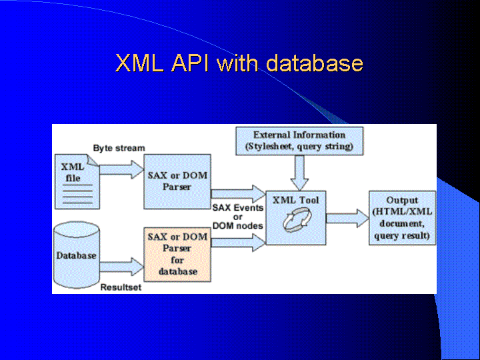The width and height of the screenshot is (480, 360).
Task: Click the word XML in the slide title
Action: click(139, 63)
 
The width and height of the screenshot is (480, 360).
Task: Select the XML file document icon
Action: click(77, 182)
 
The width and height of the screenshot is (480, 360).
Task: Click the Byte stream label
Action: click(119, 148)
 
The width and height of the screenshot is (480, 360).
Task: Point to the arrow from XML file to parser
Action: click(121, 169)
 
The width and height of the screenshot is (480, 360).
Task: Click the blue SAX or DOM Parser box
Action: click(177, 181)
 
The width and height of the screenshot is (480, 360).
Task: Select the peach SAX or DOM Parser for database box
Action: click(177, 255)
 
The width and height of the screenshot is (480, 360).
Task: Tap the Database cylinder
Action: click(77, 255)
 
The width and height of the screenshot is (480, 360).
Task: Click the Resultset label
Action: click(121, 287)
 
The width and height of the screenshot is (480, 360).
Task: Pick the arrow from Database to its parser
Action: click(121, 267)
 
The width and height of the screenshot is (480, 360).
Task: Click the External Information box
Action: click(299, 141)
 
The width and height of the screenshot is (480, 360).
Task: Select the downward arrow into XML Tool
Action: click(299, 173)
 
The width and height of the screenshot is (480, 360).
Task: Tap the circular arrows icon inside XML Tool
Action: click(297, 220)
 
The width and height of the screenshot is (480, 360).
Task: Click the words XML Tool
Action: click(296, 200)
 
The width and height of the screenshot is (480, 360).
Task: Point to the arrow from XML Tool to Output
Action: click(347, 218)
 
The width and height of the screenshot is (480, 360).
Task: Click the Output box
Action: click(402, 218)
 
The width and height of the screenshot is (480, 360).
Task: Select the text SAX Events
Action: click(238, 208)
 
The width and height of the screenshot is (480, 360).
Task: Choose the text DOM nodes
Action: click(238, 226)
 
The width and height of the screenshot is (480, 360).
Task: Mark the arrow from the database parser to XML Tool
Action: click(239, 243)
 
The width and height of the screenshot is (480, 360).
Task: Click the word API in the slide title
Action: click(190, 63)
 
